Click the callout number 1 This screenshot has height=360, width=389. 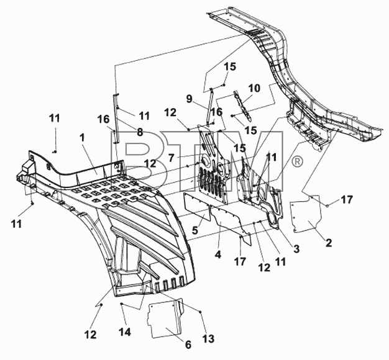(x=83, y=138)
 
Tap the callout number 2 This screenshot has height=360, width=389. (x=329, y=243)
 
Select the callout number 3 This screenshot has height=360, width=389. (x=296, y=248)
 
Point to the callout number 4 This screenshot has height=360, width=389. (x=218, y=254)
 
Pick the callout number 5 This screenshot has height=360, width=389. (x=195, y=230)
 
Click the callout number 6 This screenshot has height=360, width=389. (x=188, y=344)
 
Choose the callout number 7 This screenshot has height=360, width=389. (x=172, y=158)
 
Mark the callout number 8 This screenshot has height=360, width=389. (x=140, y=132)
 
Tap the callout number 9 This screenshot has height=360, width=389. (x=189, y=99)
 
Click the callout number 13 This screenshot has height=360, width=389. (x=208, y=339)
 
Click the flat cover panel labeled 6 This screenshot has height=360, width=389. (x=165, y=318)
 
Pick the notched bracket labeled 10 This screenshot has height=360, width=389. (x=242, y=106)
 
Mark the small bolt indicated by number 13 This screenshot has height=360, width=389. (x=201, y=312)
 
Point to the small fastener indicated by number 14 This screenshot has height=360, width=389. (x=121, y=304)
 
